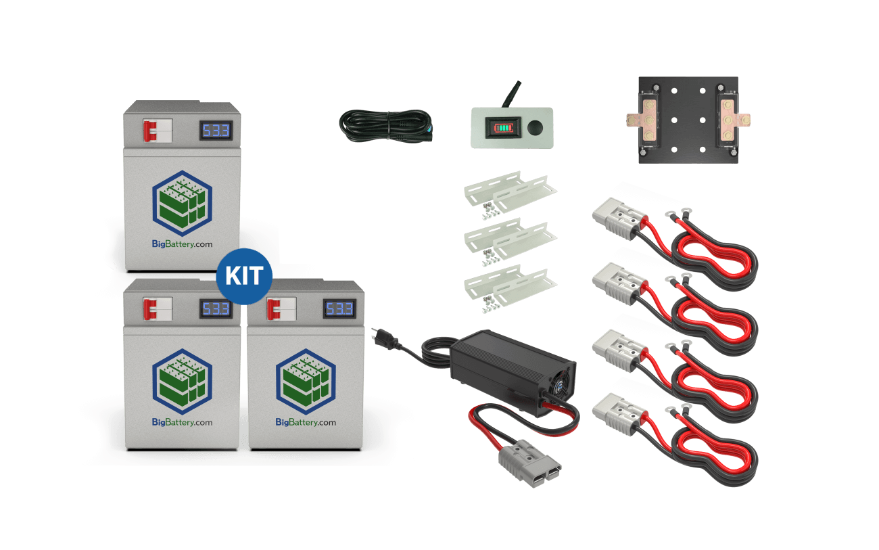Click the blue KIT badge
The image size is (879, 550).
point(244,277)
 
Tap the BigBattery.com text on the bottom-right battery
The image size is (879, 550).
point(306,422)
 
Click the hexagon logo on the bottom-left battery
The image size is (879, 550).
point(182,379)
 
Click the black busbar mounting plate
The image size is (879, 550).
point(688,120)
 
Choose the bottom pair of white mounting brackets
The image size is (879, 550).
point(510,283)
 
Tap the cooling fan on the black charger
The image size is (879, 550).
point(564,382)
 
